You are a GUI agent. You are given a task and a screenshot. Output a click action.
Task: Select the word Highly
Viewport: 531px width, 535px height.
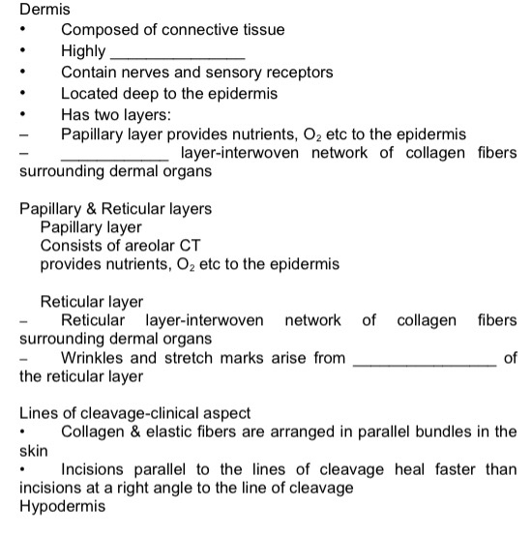click(x=84, y=51)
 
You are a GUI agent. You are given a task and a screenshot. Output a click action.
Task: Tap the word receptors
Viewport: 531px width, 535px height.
click(x=297, y=73)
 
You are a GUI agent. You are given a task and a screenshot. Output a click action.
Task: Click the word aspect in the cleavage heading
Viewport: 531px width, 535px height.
click(x=224, y=413)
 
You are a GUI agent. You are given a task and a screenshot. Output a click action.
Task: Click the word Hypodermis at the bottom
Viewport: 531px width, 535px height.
click(x=63, y=507)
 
